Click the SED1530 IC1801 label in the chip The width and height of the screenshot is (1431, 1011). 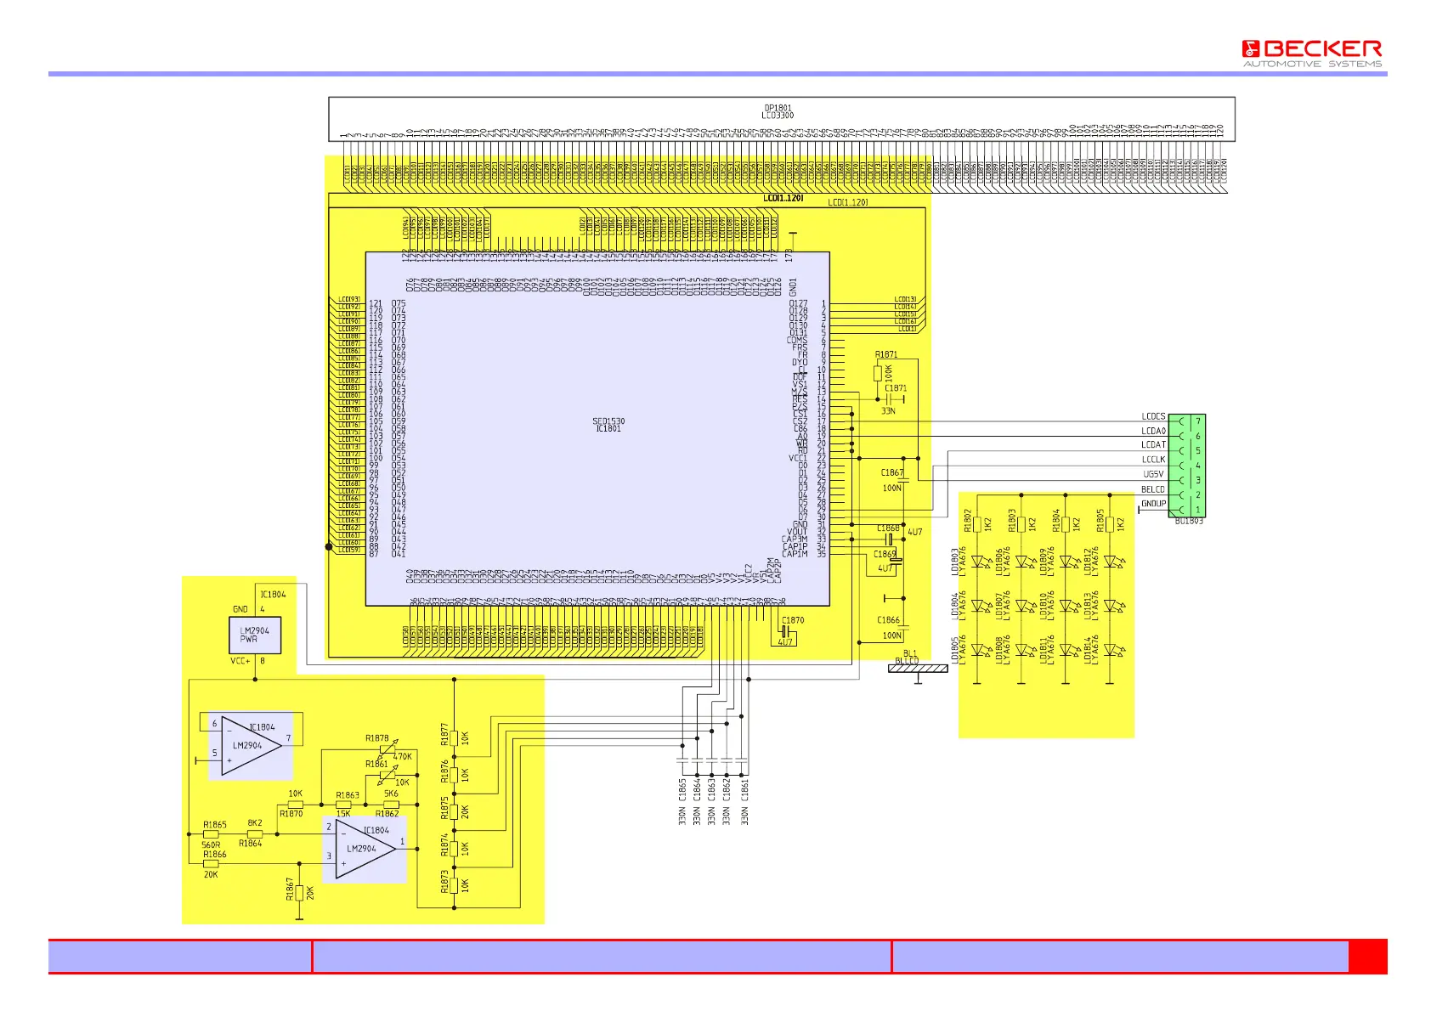click(608, 425)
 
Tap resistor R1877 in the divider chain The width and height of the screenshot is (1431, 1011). click(455, 737)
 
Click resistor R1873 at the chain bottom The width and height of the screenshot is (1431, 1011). click(455, 884)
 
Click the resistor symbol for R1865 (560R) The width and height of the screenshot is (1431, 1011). click(211, 834)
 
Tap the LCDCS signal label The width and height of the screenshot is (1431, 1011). click(1153, 416)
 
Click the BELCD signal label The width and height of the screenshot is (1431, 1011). click(1152, 489)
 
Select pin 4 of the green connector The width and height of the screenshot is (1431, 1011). click(1198, 466)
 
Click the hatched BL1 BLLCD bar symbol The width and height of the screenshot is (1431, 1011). click(918, 669)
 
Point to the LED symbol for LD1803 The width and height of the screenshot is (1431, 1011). click(977, 562)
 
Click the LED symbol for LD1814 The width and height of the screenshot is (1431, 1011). click(1110, 651)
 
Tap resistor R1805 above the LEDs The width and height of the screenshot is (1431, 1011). click(1110, 524)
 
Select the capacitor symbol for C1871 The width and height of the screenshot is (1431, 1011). click(900, 398)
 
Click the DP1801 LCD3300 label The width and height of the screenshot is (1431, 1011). click(778, 111)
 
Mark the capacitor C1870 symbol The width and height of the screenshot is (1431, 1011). click(785, 632)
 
